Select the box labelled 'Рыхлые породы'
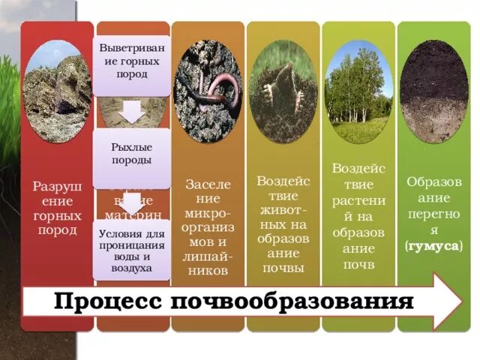132,154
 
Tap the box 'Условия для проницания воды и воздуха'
132,250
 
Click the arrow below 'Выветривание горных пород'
132,112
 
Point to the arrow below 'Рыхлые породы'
132,205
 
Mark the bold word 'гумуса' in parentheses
433,245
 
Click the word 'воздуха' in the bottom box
132,268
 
